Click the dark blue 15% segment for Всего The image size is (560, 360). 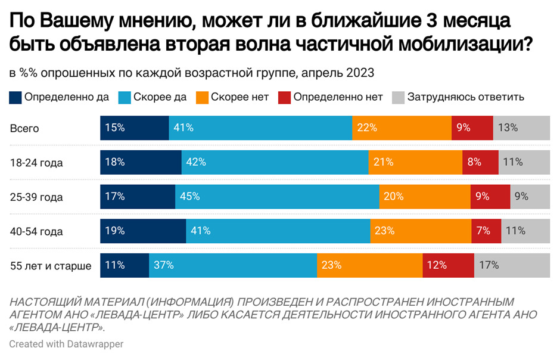pos(134,128)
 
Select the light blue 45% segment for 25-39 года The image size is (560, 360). pos(277,196)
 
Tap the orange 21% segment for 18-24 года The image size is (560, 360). pos(415,162)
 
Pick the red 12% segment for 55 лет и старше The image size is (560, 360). pos(448,265)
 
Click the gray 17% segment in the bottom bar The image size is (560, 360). pos(512,265)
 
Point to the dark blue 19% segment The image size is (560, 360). pos(143,231)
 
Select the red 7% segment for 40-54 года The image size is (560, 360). pos(486,231)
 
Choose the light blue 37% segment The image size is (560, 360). pos(232,265)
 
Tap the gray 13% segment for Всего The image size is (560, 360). pos(521,128)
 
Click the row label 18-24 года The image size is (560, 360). pos(36,162)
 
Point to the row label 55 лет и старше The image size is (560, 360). pos(51,266)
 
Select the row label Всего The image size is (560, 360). pos(24,128)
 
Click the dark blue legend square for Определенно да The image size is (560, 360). pos(15,97)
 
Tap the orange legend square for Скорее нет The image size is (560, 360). pos(202,97)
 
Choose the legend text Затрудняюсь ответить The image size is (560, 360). pos(465,97)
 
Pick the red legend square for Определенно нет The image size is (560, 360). pos(285,97)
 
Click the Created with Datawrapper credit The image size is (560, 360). pos(66,344)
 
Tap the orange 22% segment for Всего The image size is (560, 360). pos(402,128)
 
